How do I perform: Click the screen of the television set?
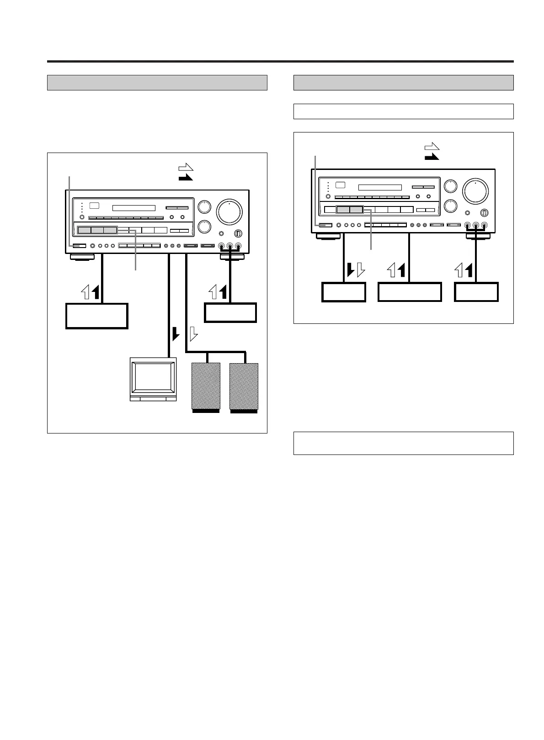(153, 377)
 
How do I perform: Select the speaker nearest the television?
(206, 386)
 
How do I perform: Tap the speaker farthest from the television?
(244, 386)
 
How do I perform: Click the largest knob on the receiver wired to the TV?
(230, 211)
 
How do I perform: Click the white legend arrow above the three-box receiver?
(432, 147)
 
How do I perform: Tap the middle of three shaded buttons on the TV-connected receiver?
(97, 230)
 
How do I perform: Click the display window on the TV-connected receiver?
(134, 208)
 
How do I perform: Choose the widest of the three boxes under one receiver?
(410, 292)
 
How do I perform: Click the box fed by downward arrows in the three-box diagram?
(344, 292)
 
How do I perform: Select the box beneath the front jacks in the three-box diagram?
(476, 292)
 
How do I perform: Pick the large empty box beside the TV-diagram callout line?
(96, 316)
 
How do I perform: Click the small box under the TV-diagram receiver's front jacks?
(230, 312)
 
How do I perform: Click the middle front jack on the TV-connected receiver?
(230, 246)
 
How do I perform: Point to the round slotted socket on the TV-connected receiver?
(237, 234)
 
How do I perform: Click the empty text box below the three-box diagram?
(403, 443)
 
